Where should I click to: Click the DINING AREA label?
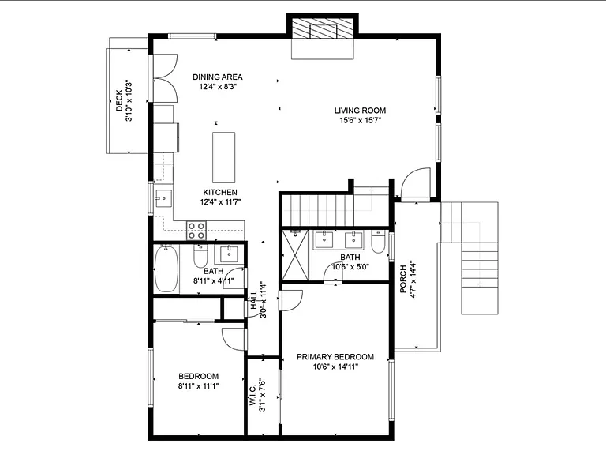click(x=218, y=77)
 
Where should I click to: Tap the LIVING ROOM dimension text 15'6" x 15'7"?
click(x=360, y=120)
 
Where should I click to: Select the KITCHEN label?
click(x=220, y=192)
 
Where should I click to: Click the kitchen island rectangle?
click(x=224, y=157)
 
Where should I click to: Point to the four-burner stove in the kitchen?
click(x=196, y=230)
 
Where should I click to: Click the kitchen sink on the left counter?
click(x=163, y=199)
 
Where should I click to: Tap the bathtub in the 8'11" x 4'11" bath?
click(x=166, y=269)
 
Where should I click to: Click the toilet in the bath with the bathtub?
click(x=200, y=256)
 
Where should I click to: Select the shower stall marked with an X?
click(x=295, y=255)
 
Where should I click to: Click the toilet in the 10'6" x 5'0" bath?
click(x=378, y=242)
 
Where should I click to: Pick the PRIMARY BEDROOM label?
click(x=335, y=357)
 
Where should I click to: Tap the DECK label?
click(x=119, y=100)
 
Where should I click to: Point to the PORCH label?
click(x=403, y=279)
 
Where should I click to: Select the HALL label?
click(x=254, y=300)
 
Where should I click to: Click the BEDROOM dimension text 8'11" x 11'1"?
click(x=198, y=385)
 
